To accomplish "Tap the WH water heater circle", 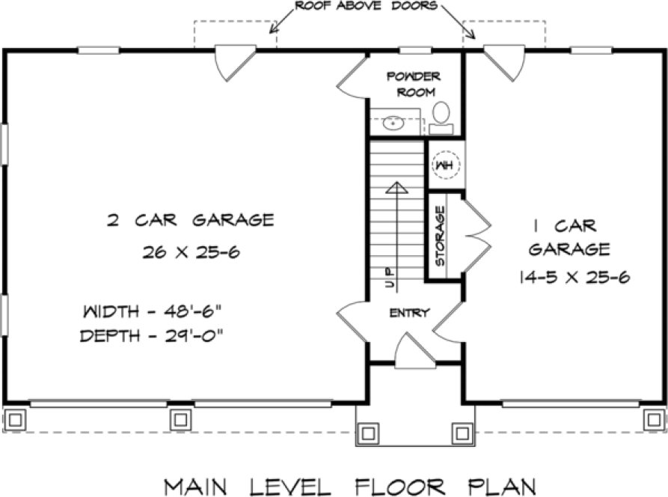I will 444,164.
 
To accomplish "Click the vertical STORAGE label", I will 441,236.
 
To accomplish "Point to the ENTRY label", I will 409,313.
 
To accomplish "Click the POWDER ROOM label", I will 414,85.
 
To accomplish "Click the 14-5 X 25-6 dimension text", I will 573,278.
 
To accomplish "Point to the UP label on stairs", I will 390,278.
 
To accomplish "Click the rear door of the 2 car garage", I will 234,63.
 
